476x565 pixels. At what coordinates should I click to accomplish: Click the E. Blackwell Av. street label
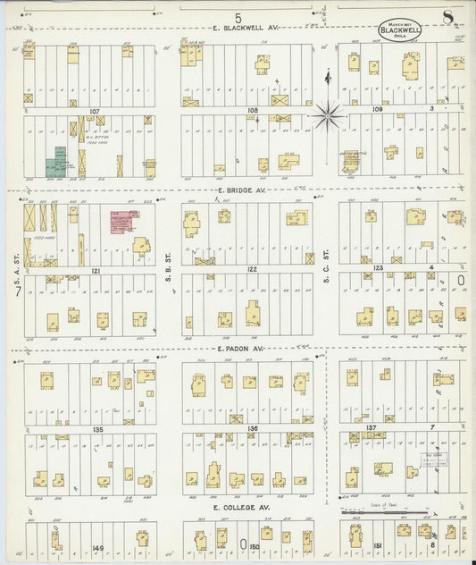pyautogui.click(x=246, y=29)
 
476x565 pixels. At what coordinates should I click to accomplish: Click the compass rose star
pyautogui.click(x=329, y=114)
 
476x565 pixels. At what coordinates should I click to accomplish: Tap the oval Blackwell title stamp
pyautogui.click(x=399, y=29)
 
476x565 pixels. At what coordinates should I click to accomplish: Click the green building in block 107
pyautogui.click(x=59, y=161)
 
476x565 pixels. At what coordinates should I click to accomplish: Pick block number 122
pyautogui.click(x=252, y=268)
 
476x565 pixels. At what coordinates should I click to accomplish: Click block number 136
pyautogui.click(x=253, y=429)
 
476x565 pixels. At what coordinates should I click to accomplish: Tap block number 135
pyautogui.click(x=96, y=429)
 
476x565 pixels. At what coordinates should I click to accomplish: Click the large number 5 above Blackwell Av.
pyautogui.click(x=238, y=17)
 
